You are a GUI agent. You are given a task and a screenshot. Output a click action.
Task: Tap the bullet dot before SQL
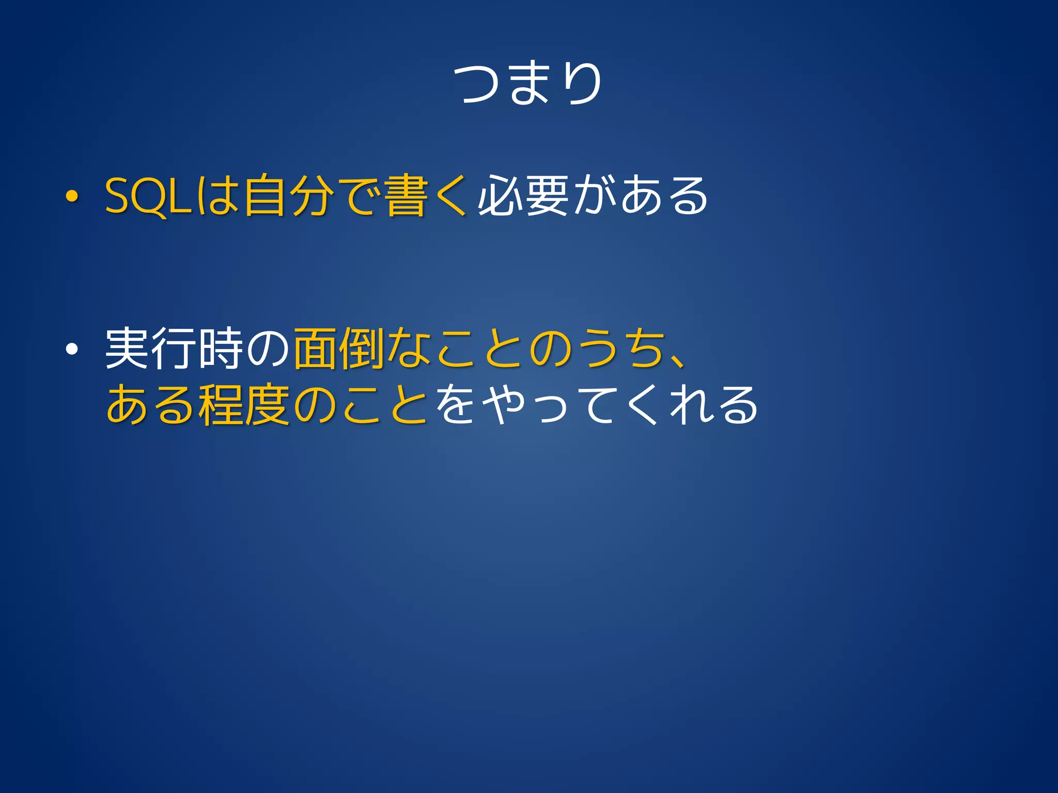point(72,197)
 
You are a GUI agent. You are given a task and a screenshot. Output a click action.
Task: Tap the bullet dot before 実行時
point(72,350)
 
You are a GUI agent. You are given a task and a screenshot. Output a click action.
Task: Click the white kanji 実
point(127,349)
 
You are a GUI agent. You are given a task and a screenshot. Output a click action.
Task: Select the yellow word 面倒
point(338,349)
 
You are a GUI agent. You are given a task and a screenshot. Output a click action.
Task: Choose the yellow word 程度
point(244,405)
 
